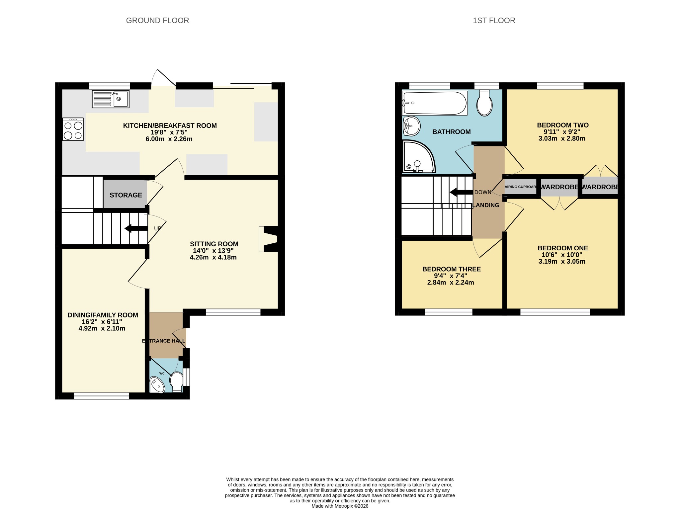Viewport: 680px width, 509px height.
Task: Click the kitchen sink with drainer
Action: click(111, 99)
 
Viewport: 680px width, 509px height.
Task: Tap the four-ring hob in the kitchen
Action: click(73, 129)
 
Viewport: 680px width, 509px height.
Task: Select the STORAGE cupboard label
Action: click(126, 195)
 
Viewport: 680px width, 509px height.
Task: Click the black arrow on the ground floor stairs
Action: click(136, 228)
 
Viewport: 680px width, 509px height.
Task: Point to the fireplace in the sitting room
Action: click(268, 239)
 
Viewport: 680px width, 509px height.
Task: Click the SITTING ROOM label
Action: click(214, 244)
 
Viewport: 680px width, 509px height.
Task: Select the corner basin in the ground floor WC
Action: click(157, 385)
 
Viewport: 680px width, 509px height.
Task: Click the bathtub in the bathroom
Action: click(435, 103)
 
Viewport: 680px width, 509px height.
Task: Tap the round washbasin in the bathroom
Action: click(411, 126)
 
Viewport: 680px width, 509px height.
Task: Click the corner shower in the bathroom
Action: click(418, 157)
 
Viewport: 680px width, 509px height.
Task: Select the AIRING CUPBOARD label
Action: click(521, 187)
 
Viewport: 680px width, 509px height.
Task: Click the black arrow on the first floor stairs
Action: click(461, 192)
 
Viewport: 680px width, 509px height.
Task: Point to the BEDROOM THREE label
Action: click(452, 269)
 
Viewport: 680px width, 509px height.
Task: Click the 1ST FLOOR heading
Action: click(494, 21)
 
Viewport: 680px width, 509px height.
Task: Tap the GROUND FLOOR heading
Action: click(157, 21)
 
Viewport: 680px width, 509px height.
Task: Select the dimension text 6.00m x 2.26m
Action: click(169, 139)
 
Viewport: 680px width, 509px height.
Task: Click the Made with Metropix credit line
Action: click(340, 506)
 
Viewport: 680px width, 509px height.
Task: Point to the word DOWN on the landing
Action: click(483, 192)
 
